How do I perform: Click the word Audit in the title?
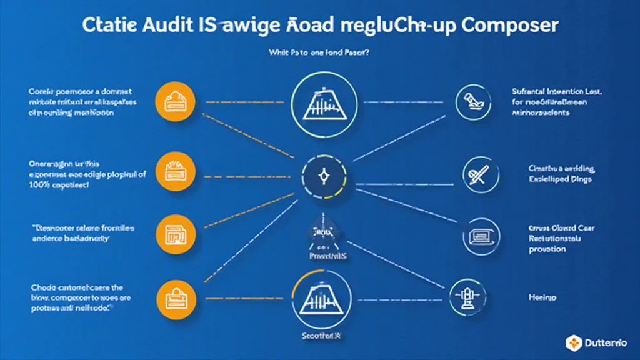pos(181,26)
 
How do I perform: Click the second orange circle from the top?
pos(171,169)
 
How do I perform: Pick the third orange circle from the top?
pos(171,233)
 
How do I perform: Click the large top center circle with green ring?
pos(324,102)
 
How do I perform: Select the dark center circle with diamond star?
pos(324,177)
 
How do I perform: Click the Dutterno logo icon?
pos(574,341)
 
